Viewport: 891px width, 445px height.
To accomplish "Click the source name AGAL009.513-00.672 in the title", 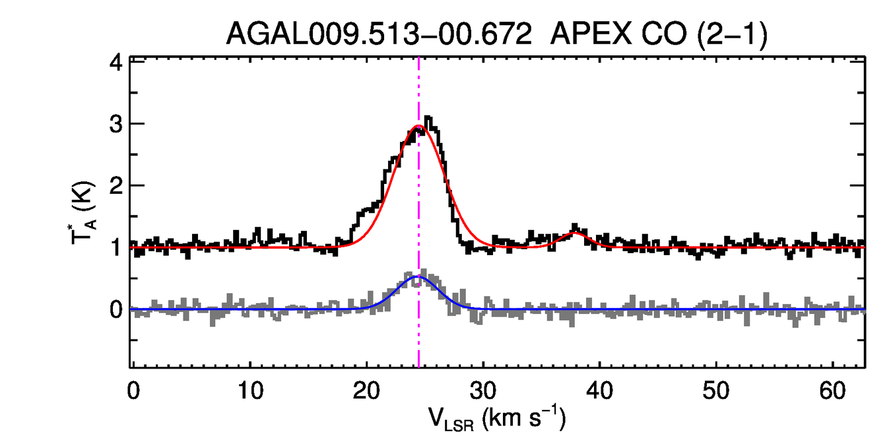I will (379, 34).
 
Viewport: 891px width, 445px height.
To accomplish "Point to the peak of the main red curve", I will (418, 126).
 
